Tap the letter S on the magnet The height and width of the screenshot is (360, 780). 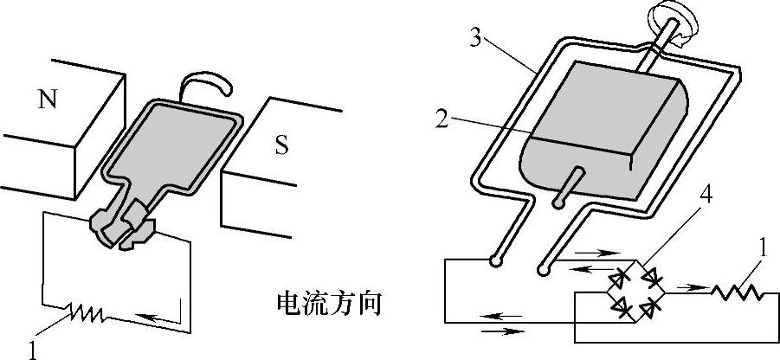pos(281,145)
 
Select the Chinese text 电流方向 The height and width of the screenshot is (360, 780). pos(328,305)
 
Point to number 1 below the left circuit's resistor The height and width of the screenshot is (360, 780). pos(33,350)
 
